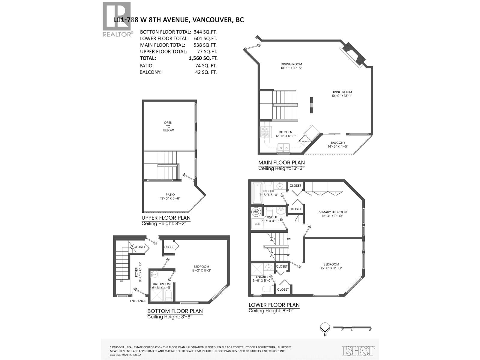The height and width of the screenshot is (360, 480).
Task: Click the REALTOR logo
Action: point(117,19)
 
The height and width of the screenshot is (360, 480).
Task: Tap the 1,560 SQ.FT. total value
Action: point(203,58)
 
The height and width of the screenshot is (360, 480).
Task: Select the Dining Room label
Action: point(291,64)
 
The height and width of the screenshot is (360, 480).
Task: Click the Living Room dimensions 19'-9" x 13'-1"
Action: point(341,96)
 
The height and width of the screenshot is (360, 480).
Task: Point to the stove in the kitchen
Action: point(265,132)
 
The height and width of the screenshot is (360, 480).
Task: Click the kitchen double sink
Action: point(283,147)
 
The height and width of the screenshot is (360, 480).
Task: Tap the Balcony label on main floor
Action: point(338,143)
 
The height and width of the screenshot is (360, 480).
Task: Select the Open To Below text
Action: point(168,126)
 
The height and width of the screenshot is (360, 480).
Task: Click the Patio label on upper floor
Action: point(170,195)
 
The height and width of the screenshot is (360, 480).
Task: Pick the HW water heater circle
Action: point(256,212)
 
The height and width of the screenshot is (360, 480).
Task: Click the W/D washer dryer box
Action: point(257,223)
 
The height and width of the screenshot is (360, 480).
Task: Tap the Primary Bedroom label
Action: point(332,212)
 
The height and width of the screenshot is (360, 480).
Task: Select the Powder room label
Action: point(270,217)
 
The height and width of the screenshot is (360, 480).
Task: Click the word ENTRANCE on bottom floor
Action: point(138,301)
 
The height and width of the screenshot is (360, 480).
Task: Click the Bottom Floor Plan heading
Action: point(175,311)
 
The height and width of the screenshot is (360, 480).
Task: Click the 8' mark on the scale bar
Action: point(370,330)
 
